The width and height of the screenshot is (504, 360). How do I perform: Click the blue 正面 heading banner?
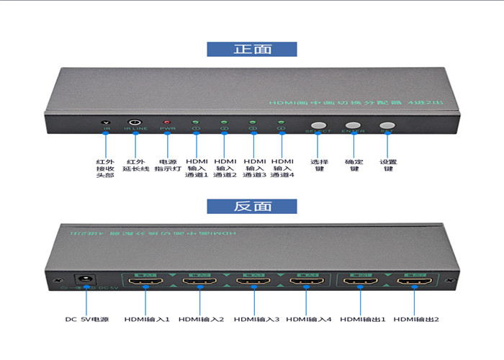point(252,49)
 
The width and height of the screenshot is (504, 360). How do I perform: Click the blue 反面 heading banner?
point(252,206)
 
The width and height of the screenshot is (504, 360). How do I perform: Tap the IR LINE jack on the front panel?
point(135,123)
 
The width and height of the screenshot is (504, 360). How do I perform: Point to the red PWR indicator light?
point(167,123)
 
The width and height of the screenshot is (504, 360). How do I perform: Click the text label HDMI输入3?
point(256,319)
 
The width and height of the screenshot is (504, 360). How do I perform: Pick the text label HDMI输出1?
point(363,319)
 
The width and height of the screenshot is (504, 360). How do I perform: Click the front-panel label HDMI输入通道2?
point(225,168)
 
